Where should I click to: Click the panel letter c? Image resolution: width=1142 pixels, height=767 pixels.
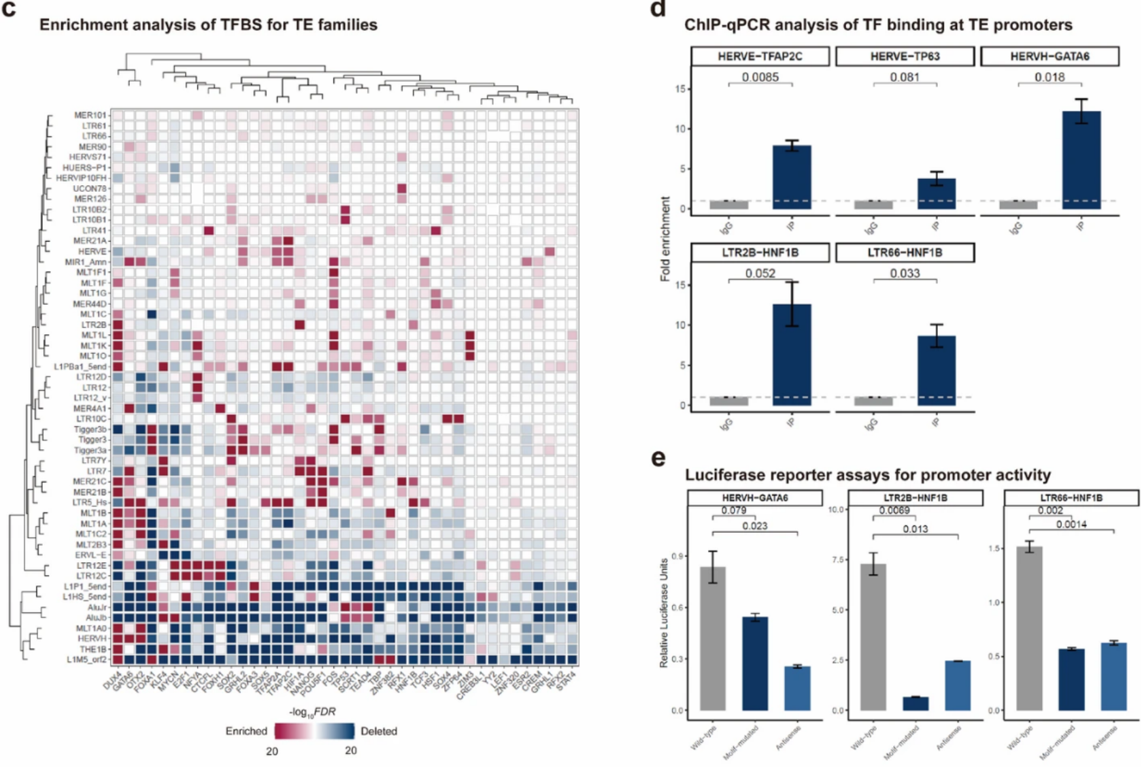pyautogui.click(x=10, y=12)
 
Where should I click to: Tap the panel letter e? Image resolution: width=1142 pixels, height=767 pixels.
pyautogui.click(x=658, y=458)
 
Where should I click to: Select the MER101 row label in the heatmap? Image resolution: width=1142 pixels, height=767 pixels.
pyautogui.click(x=90, y=115)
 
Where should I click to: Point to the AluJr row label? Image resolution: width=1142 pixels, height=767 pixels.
pyautogui.click(x=97, y=607)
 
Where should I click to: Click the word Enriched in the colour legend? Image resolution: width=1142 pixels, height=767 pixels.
pyautogui.click(x=246, y=731)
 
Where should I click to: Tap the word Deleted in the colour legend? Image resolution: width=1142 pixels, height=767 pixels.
pyautogui.click(x=379, y=731)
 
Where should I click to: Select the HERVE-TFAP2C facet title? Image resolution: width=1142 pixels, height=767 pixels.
pyautogui.click(x=760, y=56)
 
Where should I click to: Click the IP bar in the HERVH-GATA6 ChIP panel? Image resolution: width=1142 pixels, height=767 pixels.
pyautogui.click(x=1081, y=161)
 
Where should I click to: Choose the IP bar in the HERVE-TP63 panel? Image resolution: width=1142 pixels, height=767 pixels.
pyautogui.click(x=937, y=194)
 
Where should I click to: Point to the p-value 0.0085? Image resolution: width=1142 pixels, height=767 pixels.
pyautogui.click(x=760, y=77)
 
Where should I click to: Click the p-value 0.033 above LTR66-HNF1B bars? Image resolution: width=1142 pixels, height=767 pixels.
pyautogui.click(x=905, y=273)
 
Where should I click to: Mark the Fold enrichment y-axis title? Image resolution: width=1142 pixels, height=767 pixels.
pyautogui.click(x=665, y=239)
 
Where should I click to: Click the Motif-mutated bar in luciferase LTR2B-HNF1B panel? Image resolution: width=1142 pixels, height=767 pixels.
pyautogui.click(x=915, y=703)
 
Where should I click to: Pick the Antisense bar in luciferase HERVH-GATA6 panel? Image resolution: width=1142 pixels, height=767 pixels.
pyautogui.click(x=796, y=688)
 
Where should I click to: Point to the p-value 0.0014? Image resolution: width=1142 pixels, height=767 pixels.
pyautogui.click(x=1071, y=524)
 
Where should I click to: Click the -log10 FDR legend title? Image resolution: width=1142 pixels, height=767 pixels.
pyautogui.click(x=312, y=712)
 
